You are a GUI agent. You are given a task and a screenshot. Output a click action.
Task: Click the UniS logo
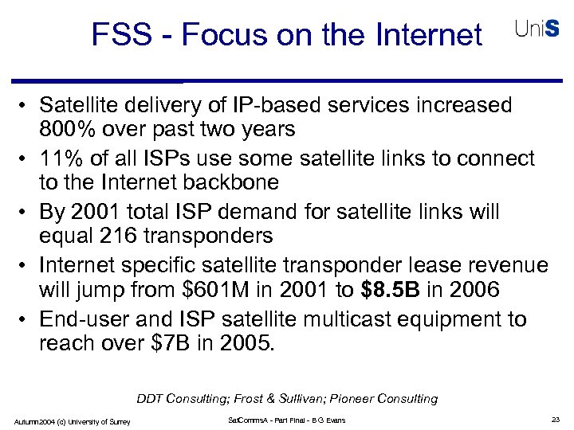[537, 30]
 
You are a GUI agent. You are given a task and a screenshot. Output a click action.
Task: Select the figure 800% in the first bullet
[66, 129]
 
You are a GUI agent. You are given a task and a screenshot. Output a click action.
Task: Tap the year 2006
[474, 290]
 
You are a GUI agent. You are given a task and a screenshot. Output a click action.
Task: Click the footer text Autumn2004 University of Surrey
[72, 420]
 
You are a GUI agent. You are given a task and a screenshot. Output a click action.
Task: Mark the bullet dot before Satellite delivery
[27, 106]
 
